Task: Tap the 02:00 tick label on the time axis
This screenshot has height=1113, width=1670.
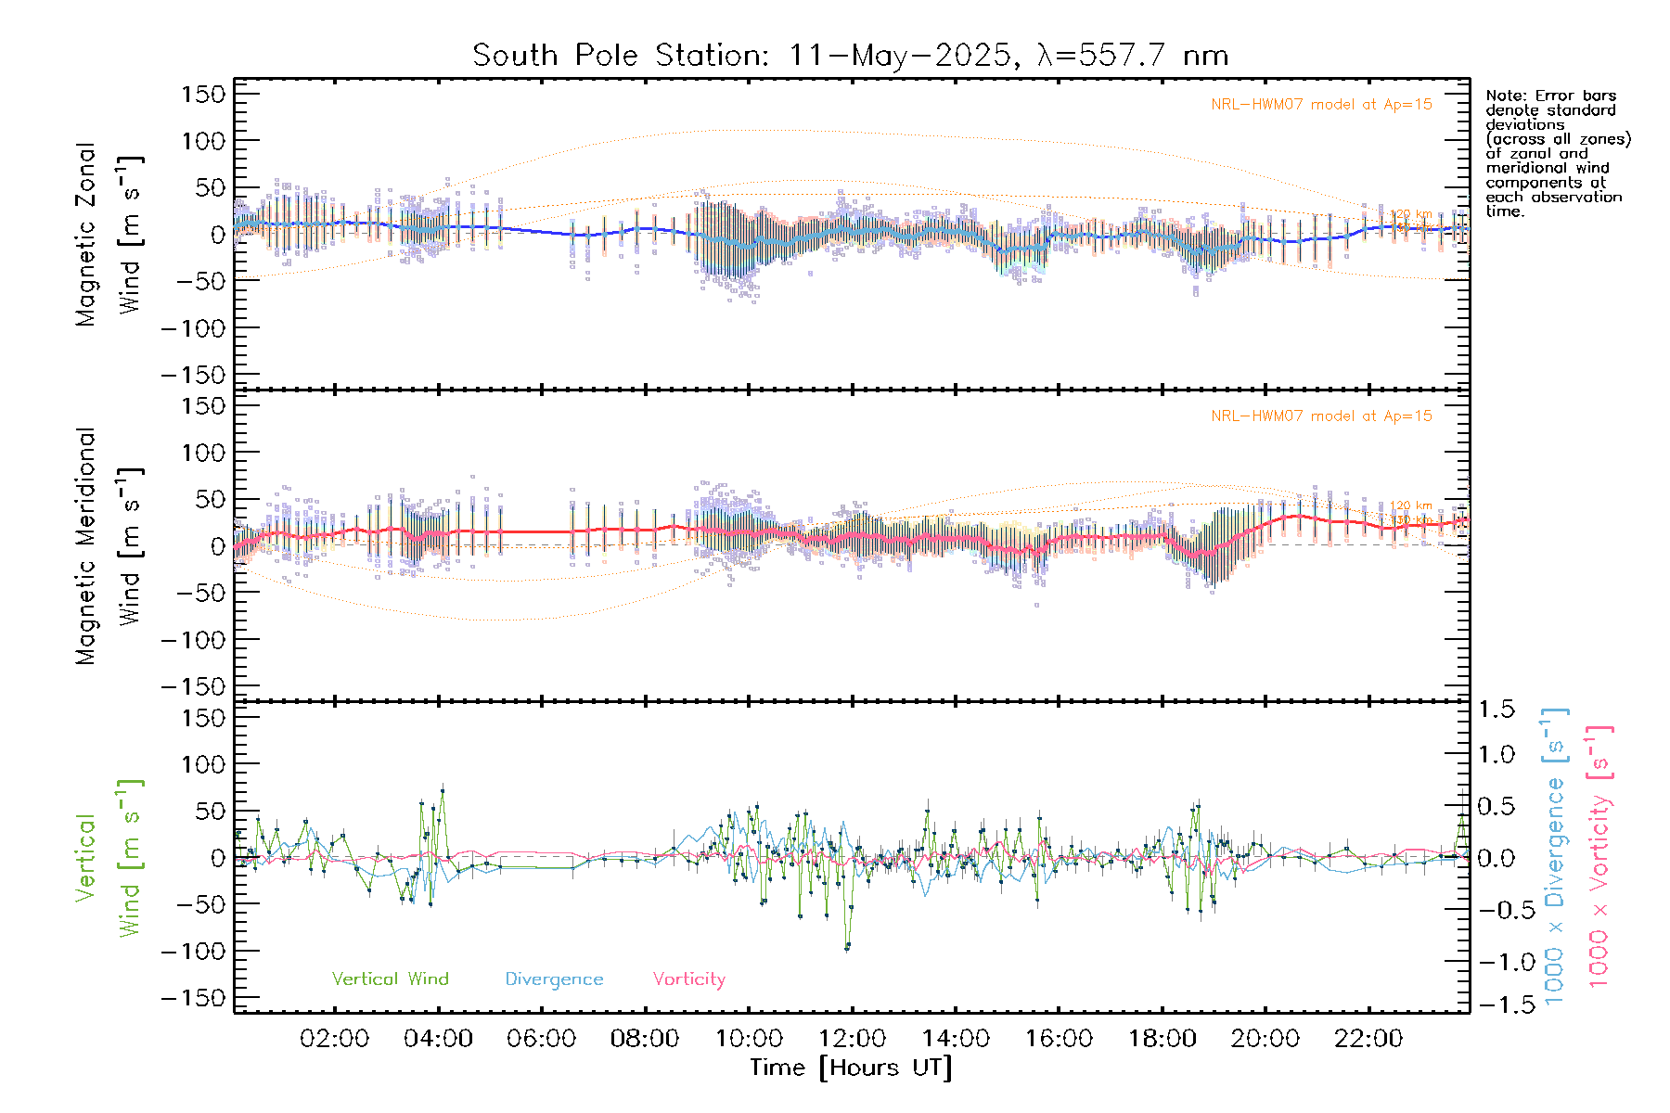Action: coord(335,1039)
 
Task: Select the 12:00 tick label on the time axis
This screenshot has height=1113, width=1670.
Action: coord(852,1039)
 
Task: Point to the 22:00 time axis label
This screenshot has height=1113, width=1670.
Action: coord(1368,1039)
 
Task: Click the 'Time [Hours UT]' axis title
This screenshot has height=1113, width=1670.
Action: coord(851,1068)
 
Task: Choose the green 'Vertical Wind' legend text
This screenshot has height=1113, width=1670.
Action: coord(390,979)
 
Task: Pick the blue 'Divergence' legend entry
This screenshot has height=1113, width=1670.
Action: coord(554,979)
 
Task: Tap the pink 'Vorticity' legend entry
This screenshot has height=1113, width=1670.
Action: coord(688,979)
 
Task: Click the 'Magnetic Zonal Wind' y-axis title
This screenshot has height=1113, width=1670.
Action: coord(108,234)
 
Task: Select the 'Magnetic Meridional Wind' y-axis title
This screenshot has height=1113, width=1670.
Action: coord(108,545)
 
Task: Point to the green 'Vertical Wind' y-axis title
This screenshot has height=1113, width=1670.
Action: coord(108,858)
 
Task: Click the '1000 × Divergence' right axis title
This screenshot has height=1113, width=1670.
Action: coord(1554,857)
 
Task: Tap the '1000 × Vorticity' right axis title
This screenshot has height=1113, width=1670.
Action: coord(1599,857)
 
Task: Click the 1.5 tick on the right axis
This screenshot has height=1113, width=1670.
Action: coord(1496,710)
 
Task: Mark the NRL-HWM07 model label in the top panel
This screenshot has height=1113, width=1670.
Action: coord(1321,105)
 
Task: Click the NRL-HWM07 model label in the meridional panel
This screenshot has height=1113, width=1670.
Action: coord(1321,416)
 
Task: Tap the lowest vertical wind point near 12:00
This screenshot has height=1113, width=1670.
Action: coord(847,947)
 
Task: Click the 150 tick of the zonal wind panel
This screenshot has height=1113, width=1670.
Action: coord(204,94)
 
